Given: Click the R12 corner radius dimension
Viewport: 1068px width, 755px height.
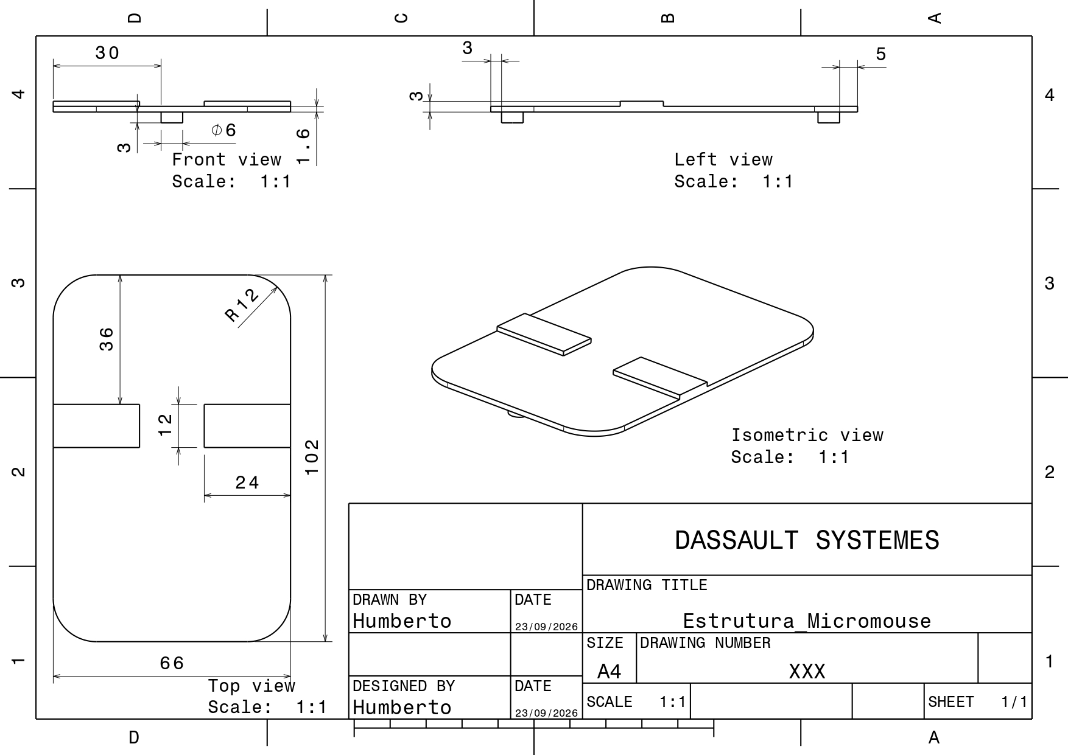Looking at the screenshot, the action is click(x=242, y=305).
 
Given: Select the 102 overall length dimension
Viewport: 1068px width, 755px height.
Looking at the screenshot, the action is click(x=312, y=457).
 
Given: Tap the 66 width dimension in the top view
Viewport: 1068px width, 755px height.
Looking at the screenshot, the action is click(x=172, y=663).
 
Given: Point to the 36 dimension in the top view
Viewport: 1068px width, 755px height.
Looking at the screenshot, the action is click(x=107, y=339).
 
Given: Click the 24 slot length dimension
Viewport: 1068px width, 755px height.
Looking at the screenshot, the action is click(x=247, y=483).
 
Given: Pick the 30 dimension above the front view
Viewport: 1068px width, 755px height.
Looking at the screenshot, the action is click(x=107, y=54).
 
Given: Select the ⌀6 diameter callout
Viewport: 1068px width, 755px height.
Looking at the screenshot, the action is click(x=223, y=130).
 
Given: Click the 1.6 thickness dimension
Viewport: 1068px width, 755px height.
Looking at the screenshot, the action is click(x=303, y=147).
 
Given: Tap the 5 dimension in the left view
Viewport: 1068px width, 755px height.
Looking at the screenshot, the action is click(x=881, y=54).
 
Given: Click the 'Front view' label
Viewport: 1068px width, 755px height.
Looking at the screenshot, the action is click(x=227, y=159).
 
